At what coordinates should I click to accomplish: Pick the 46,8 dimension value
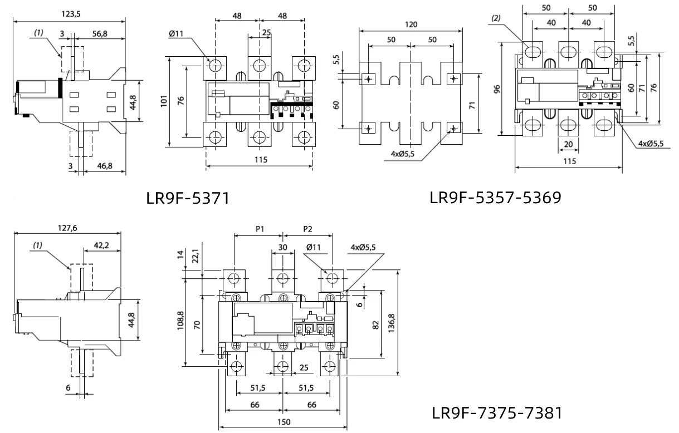pos(100,166)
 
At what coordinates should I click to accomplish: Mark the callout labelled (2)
pos(496,18)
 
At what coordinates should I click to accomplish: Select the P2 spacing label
pos(308,229)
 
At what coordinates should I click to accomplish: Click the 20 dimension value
pos(568,144)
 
